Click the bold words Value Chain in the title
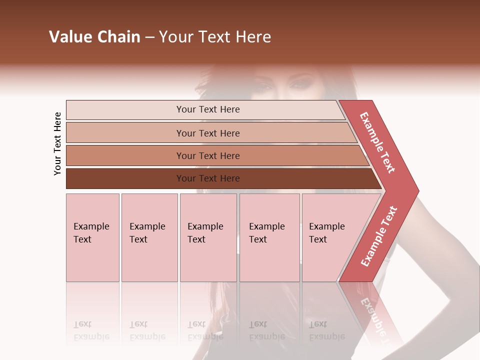click(x=94, y=37)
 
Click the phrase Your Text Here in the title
click(x=215, y=37)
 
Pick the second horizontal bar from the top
click(x=208, y=133)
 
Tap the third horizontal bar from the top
click(x=208, y=155)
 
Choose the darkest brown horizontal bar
click(x=208, y=178)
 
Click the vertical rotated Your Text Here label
click(x=57, y=143)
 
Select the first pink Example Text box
click(x=92, y=237)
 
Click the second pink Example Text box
click(x=149, y=237)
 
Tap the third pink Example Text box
click(x=208, y=237)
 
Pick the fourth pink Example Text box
click(x=269, y=237)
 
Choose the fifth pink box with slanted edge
click(x=330, y=237)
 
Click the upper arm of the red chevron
click(x=377, y=142)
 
